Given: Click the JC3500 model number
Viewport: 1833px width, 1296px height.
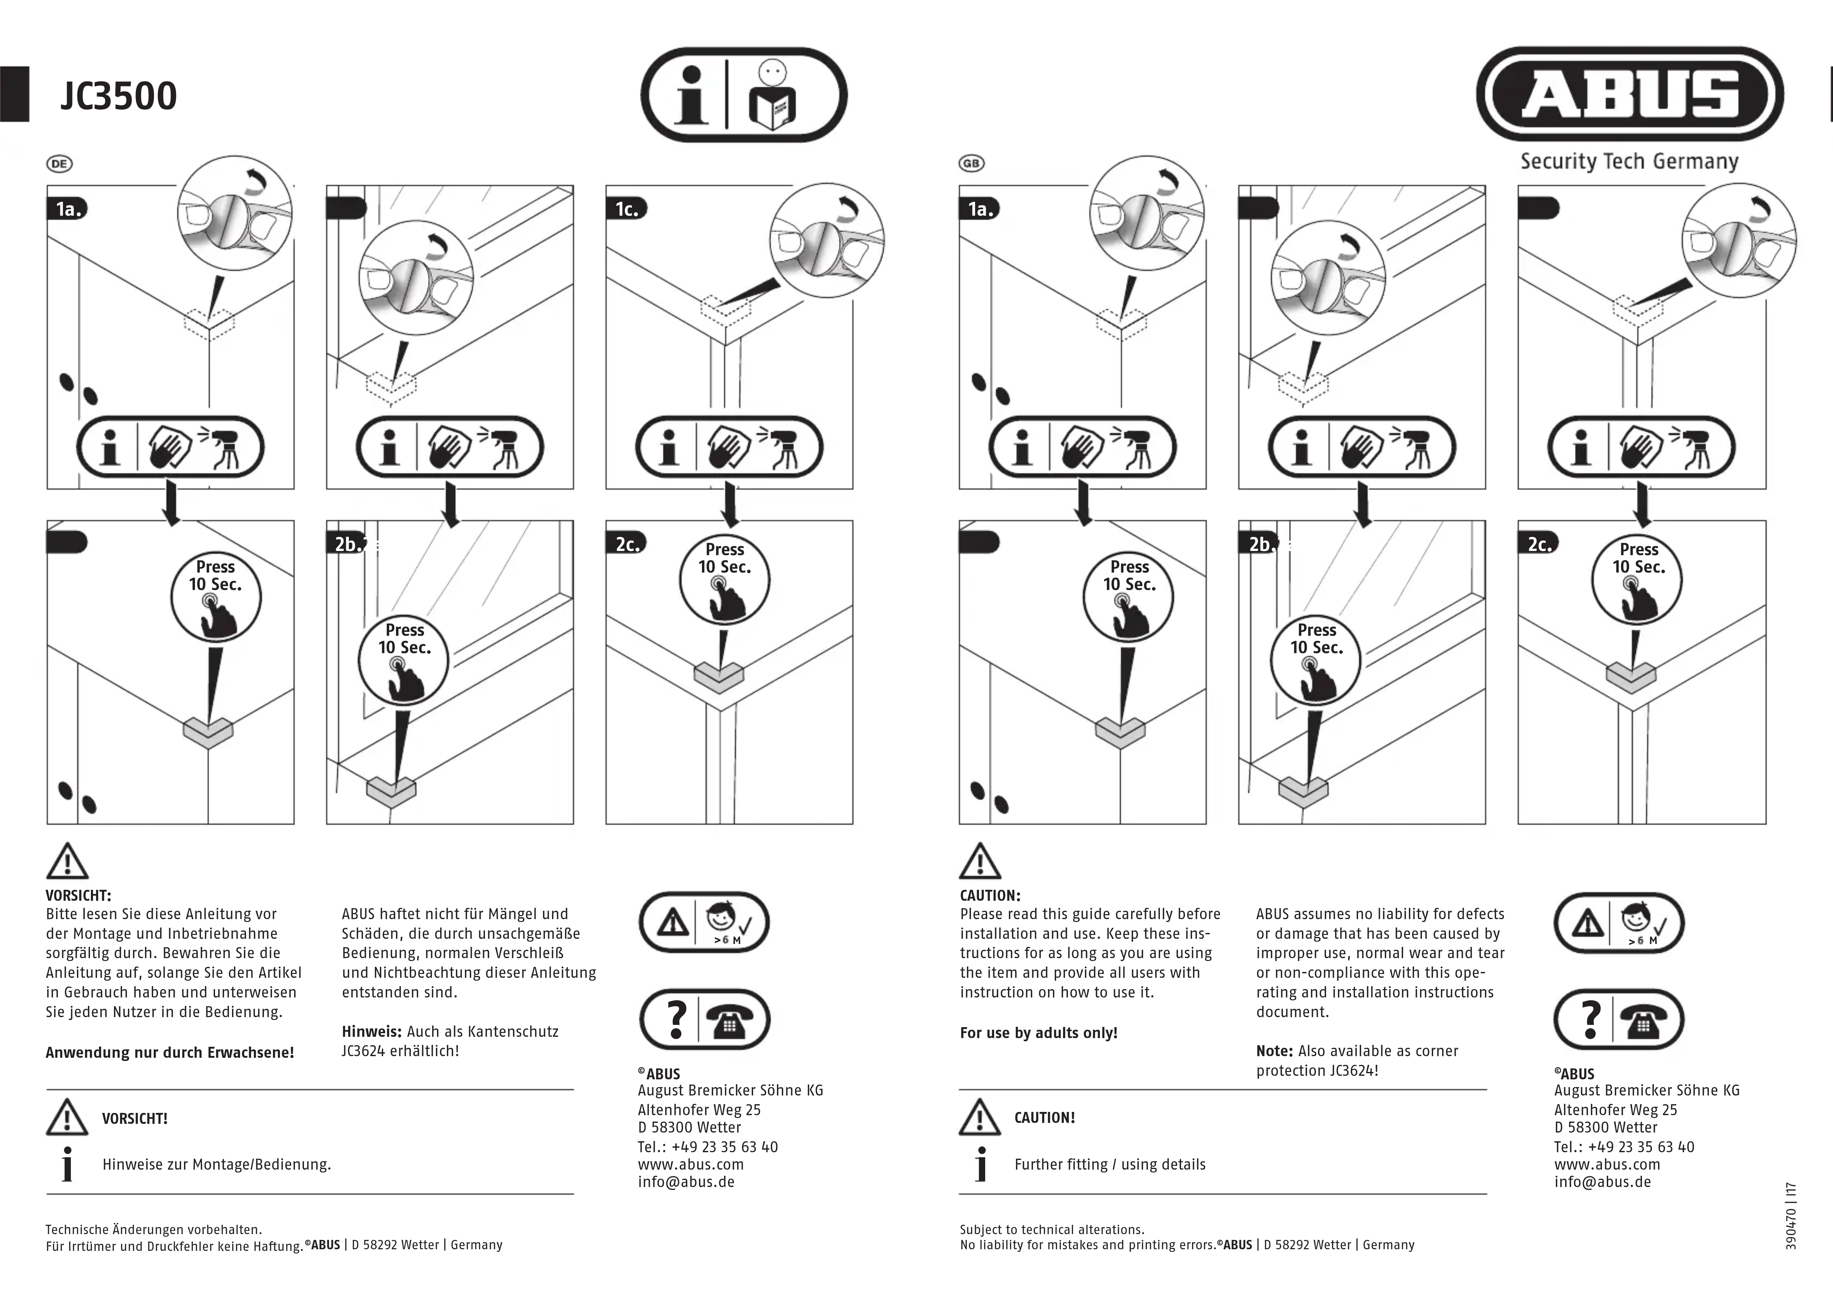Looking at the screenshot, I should click(118, 96).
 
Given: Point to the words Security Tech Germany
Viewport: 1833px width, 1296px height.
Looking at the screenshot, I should click(1629, 161).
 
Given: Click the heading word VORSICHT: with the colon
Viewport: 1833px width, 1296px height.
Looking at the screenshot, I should click(78, 895).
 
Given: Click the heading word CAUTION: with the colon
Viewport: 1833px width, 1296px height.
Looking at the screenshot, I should click(990, 895).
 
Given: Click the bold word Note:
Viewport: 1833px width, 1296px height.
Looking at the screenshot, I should click(1274, 1051).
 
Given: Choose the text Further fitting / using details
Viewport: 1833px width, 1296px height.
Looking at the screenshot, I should click(1110, 1164).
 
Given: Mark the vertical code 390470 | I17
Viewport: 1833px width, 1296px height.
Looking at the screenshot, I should click(1791, 1215).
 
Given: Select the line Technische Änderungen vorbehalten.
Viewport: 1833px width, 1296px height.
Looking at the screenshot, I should click(153, 1230).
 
